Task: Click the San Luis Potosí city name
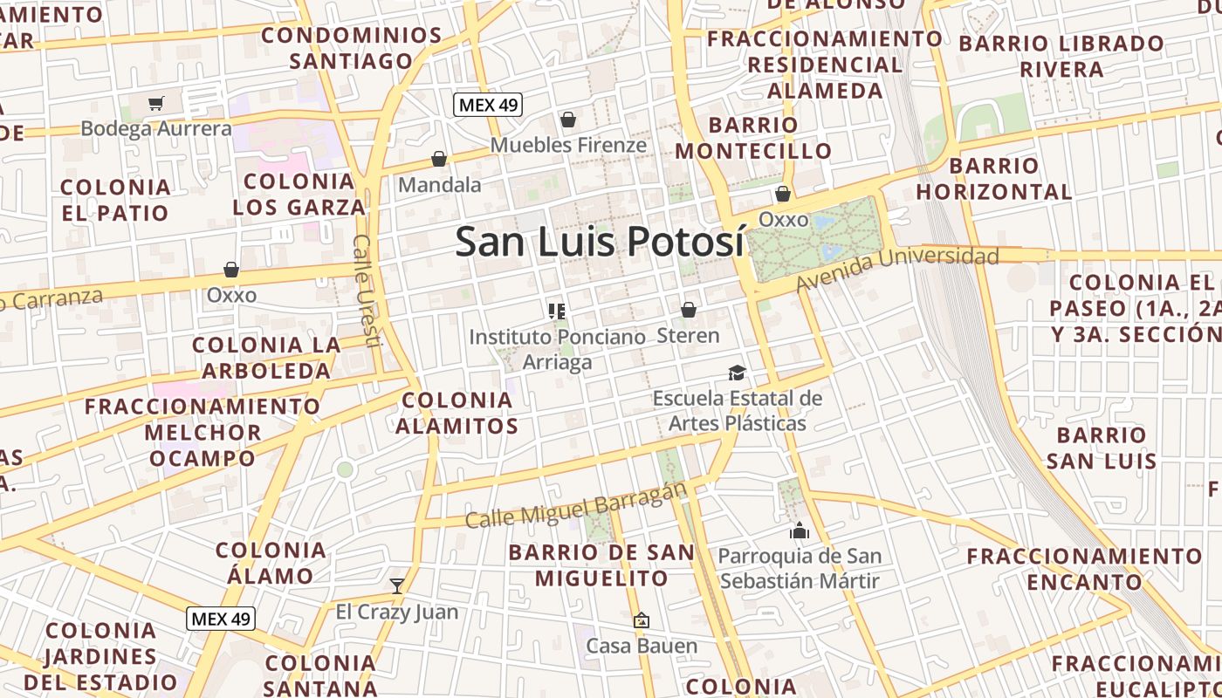tap(601, 242)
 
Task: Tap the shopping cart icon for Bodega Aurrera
tap(156, 104)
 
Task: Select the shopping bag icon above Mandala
tap(439, 159)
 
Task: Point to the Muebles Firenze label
tap(568, 145)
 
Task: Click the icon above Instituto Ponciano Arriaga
tap(557, 310)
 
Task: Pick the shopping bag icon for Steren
tap(689, 309)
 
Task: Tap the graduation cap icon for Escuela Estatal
tap(738, 373)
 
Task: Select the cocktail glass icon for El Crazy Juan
tap(397, 585)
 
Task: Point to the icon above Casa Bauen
tap(642, 620)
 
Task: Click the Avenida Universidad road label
tap(897, 268)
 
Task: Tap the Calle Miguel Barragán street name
tap(576, 507)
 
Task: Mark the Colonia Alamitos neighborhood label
tap(457, 413)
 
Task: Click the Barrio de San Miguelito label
tap(602, 565)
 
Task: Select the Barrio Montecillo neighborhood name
tap(754, 138)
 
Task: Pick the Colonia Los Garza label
tap(299, 194)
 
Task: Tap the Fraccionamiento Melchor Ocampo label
tap(203, 432)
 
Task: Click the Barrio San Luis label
tap(1102, 448)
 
